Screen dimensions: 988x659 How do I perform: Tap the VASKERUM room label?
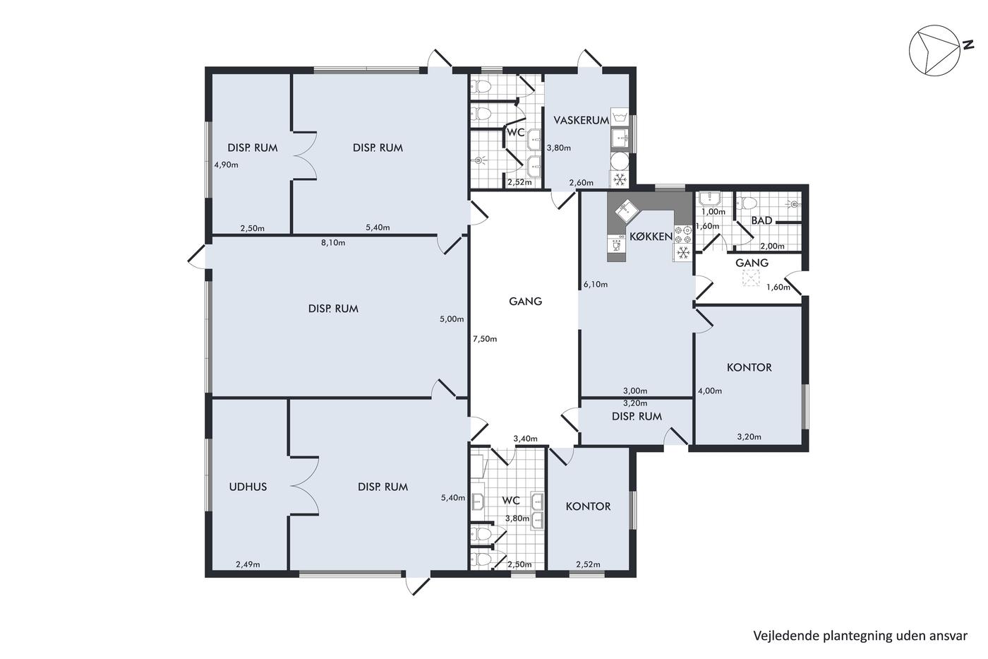coord(582,120)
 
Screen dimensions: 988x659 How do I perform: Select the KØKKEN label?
coord(651,237)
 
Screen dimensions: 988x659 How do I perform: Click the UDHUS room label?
coord(248,487)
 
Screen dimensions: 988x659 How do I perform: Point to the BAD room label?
coord(761,220)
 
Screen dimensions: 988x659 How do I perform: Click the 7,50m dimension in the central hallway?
coord(485,339)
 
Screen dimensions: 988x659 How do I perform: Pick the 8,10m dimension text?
coord(333,243)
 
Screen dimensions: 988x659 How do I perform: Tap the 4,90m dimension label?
coord(227,165)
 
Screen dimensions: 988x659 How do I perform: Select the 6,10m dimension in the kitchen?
coord(596,285)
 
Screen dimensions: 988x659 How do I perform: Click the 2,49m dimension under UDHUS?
coord(248,564)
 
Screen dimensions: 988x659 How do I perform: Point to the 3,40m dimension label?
coord(525,439)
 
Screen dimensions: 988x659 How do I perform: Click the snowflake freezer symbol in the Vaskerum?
coord(620,179)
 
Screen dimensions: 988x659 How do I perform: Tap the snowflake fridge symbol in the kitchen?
coord(683,253)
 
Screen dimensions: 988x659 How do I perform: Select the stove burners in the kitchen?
coord(683,234)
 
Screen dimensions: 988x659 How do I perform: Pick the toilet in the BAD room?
coord(747,203)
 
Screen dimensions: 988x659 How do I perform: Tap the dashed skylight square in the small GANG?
coord(751,278)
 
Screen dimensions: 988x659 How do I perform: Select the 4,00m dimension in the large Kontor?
coord(710,391)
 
